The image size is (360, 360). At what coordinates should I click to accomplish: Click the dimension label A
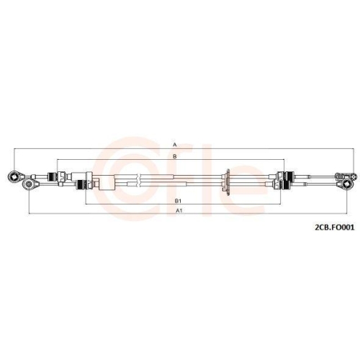pyautogui.click(x=174, y=145)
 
